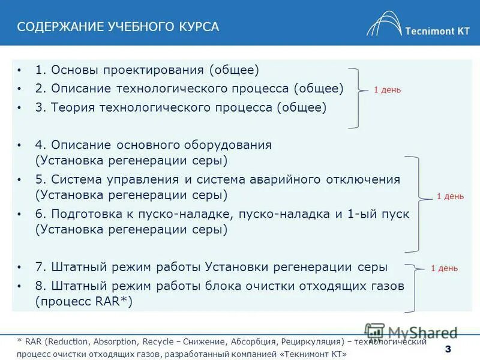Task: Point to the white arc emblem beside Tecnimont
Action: [384, 24]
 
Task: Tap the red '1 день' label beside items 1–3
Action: [387, 90]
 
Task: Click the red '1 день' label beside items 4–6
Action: [449, 196]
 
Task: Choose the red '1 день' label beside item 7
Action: [444, 268]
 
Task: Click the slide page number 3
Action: [447, 350]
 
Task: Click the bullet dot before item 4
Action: [20, 145]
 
